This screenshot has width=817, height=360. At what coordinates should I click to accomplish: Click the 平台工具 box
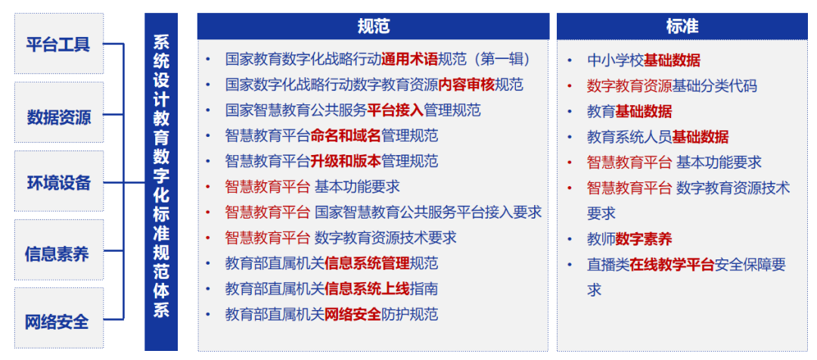pos(58,44)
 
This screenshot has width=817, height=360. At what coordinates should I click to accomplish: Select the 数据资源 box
pos(58,116)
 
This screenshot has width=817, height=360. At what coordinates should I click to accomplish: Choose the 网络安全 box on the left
pos(58,321)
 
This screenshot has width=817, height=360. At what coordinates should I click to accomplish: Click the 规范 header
pos(374,26)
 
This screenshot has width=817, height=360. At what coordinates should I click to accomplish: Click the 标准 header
pos(682,26)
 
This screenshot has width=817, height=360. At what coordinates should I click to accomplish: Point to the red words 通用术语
pos(409,59)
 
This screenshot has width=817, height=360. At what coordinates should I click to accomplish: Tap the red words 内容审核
pos(467,85)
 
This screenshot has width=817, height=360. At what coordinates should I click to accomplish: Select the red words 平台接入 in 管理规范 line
pos(395,110)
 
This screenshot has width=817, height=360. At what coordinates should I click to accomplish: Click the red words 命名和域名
pos(345,136)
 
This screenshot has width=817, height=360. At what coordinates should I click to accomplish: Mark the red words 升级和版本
pos(345,161)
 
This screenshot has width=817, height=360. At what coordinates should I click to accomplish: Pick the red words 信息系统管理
pos(367,263)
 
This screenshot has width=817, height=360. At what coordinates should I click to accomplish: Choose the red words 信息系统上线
pos(367,289)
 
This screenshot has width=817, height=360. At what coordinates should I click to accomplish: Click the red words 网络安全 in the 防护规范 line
pos(353,315)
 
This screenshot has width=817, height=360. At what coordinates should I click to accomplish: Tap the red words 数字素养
pos(644,239)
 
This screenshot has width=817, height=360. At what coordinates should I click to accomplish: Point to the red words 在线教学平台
pos(672,265)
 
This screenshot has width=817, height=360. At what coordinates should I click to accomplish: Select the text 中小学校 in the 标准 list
pos(615,61)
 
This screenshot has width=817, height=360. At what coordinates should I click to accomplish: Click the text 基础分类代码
pos(715,86)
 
